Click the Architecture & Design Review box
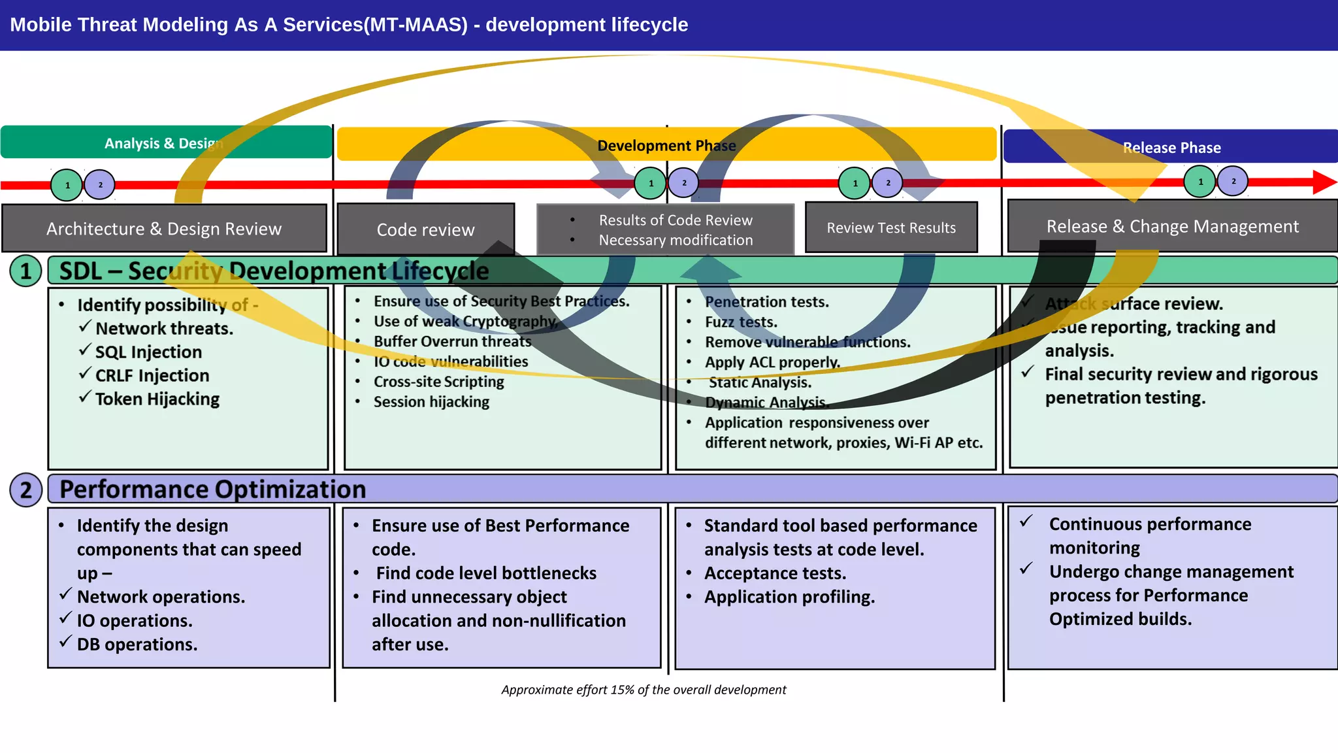click(163, 229)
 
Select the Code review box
click(425, 229)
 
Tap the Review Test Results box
click(890, 227)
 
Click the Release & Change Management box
click(1172, 226)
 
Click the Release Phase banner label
click(1171, 148)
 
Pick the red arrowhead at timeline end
click(1324, 182)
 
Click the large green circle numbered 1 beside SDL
click(25, 271)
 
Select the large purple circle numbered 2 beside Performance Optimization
click(25, 490)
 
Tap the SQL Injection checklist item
click(148, 352)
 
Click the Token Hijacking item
click(157, 399)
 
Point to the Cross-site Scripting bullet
click(438, 382)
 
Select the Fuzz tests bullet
click(741, 322)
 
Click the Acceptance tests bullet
click(775, 573)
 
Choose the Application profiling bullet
click(789, 597)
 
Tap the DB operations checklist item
click(137, 644)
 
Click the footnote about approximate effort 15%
click(644, 690)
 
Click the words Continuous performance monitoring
click(1150, 535)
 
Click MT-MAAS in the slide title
click(416, 25)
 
